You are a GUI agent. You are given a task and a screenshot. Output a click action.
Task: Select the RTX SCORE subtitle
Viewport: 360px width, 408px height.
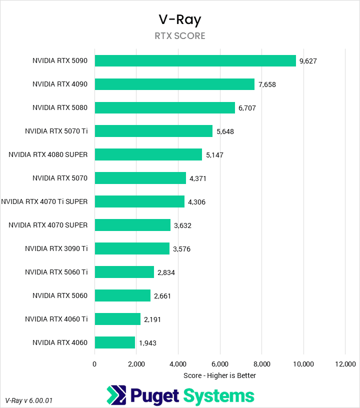(x=180, y=36)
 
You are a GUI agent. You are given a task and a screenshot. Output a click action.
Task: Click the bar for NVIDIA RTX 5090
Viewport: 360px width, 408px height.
(x=195, y=60)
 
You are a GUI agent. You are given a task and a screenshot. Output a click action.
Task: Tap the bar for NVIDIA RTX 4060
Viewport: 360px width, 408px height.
(x=114, y=342)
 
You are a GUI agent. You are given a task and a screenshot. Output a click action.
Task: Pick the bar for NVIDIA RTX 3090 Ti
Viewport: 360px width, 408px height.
(x=132, y=248)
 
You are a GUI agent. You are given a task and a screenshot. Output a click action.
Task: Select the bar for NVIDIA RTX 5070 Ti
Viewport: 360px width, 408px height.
(x=153, y=131)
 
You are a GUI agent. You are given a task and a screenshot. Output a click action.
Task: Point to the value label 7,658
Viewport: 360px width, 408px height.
(x=267, y=84)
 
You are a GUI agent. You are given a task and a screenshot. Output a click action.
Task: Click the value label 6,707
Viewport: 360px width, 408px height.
(x=247, y=108)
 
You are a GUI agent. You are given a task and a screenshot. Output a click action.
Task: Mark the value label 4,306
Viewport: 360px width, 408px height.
(x=196, y=202)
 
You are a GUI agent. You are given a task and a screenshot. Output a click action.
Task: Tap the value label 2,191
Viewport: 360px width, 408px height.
(x=152, y=319)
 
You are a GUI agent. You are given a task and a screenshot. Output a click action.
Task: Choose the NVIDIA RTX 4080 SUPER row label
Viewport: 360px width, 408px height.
(x=48, y=154)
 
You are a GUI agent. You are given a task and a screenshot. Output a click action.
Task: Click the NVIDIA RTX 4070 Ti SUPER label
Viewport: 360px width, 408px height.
(x=44, y=201)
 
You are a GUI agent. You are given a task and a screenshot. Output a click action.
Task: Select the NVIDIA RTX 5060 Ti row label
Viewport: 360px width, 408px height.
(x=56, y=272)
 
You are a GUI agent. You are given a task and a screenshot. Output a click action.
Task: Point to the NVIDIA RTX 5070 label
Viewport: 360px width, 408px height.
(x=60, y=178)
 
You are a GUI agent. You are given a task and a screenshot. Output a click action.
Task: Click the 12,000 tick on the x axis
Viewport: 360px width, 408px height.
(x=345, y=364)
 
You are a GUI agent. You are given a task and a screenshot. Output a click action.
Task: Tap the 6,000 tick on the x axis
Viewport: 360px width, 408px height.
(x=220, y=364)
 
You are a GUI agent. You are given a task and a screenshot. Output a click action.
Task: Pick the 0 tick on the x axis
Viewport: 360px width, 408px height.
(x=94, y=364)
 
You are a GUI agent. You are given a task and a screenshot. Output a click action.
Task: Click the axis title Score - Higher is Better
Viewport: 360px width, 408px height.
(x=219, y=375)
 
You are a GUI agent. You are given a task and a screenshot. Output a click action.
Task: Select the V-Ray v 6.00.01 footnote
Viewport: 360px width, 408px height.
(x=29, y=400)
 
